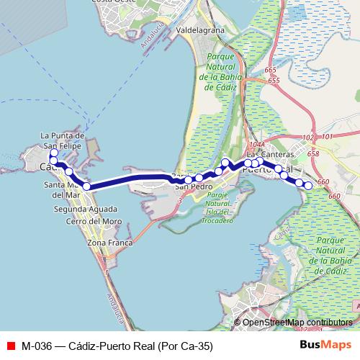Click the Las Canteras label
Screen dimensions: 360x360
click(270, 154)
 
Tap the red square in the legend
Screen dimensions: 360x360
click(10, 346)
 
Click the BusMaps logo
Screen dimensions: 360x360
click(325, 346)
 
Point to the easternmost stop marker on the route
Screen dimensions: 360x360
click(308, 186)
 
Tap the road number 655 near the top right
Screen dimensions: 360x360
click(274, 80)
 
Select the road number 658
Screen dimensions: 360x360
click(312, 154)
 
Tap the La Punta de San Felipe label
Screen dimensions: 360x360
click(63, 140)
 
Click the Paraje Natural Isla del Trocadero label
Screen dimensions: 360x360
click(219, 207)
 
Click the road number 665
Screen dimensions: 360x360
click(270, 70)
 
